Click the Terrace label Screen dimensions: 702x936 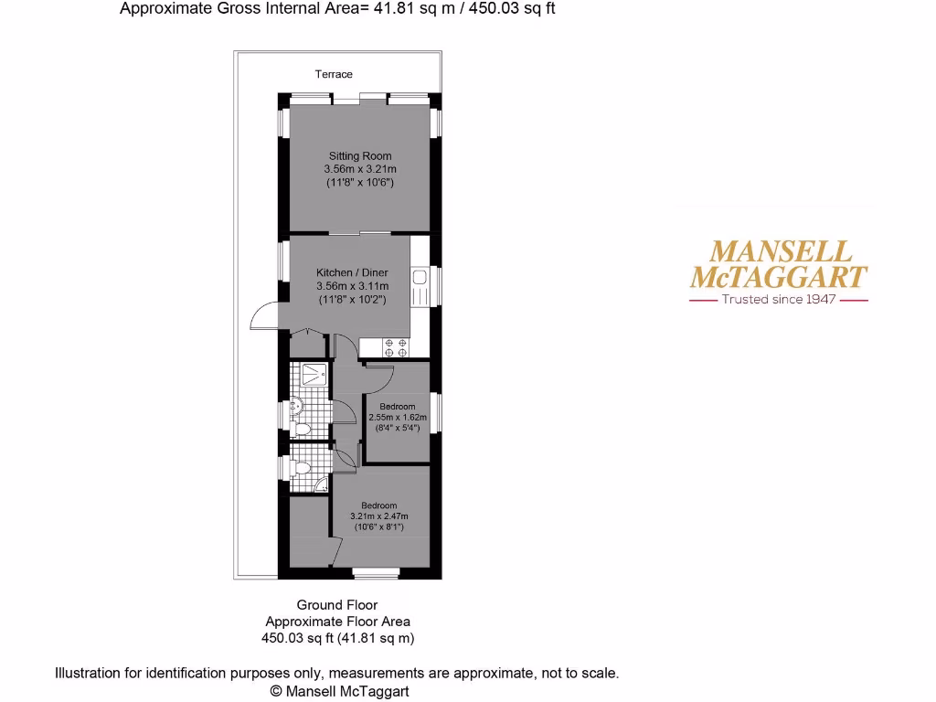(334, 74)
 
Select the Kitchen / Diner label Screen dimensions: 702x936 (352, 272)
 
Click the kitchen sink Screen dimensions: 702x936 (420, 287)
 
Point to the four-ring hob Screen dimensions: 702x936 (396, 347)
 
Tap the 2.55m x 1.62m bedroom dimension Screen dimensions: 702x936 (391, 417)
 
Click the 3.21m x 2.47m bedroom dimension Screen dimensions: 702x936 (378, 516)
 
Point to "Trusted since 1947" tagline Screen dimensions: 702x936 (779, 299)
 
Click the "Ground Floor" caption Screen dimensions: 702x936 (336, 604)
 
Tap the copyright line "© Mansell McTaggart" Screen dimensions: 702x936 (339, 691)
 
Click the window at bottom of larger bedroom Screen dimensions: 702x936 (377, 573)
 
